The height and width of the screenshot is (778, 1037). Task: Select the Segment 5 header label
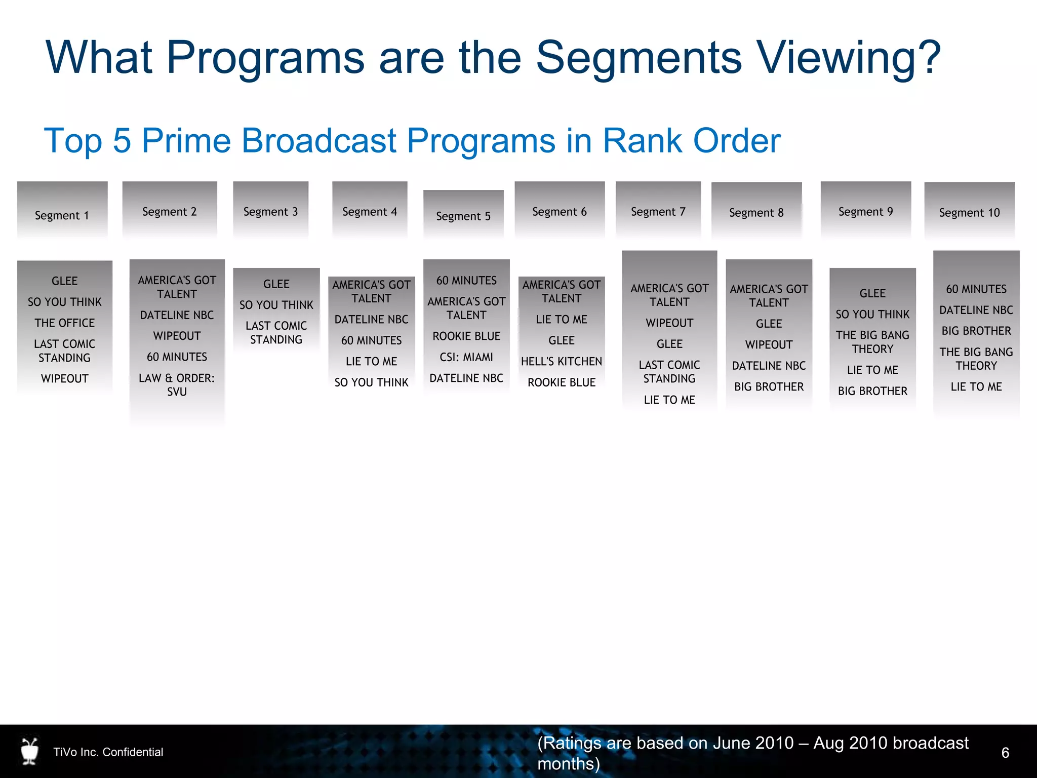(x=463, y=216)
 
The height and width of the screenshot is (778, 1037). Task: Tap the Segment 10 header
(x=969, y=213)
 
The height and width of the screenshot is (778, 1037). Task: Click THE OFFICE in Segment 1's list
(x=65, y=323)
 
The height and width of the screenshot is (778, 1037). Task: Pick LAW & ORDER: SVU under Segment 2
(x=177, y=385)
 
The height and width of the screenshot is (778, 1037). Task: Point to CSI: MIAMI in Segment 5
(x=466, y=357)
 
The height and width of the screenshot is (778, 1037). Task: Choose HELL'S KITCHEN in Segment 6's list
(x=562, y=362)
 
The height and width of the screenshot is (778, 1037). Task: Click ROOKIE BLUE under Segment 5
(x=466, y=336)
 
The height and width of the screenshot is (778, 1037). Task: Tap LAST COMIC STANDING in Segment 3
(x=276, y=333)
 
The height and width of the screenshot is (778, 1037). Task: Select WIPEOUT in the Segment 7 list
(x=669, y=323)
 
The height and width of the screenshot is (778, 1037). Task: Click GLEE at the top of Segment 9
(x=872, y=293)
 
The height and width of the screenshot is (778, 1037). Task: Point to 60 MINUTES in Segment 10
(x=976, y=289)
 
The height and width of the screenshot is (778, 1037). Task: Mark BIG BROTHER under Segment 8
(x=769, y=387)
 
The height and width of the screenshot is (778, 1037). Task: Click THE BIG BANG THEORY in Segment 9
(x=872, y=342)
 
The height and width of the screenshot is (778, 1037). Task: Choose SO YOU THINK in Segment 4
(x=371, y=382)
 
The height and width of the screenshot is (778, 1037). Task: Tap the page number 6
(x=1005, y=753)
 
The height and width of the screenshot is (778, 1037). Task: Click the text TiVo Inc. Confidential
(x=108, y=752)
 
